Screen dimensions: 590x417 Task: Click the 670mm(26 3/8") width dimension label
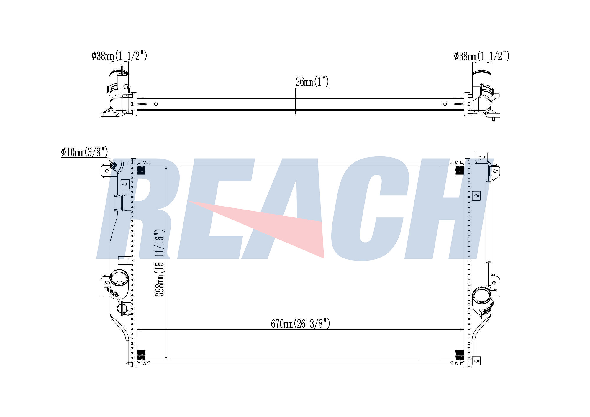click(300, 324)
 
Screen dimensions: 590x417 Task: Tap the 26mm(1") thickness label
click(312, 82)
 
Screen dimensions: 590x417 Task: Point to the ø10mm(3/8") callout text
click(84, 152)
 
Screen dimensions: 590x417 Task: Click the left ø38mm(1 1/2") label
click(119, 55)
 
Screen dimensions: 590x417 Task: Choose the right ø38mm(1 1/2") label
click(482, 56)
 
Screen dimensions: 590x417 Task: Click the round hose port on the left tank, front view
click(119, 278)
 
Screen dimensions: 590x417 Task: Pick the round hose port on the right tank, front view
click(481, 296)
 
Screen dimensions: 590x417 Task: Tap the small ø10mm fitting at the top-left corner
click(114, 166)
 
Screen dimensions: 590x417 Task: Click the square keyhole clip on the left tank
click(125, 184)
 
